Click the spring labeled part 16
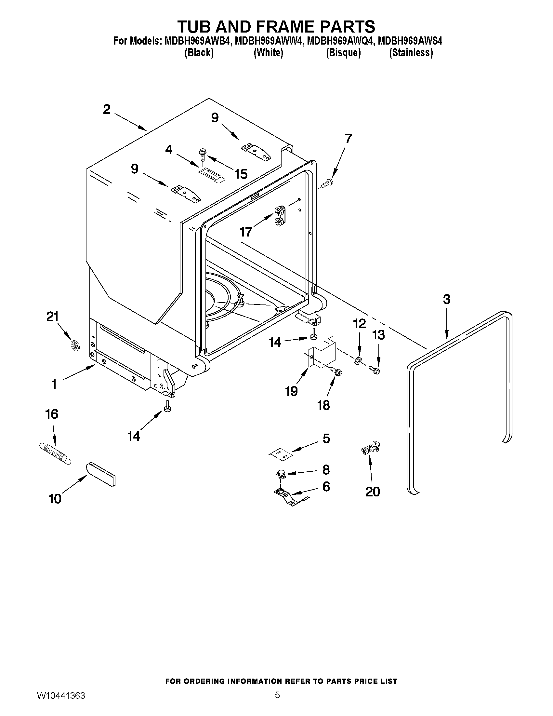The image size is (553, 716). click(x=54, y=453)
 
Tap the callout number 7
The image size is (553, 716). click(x=348, y=139)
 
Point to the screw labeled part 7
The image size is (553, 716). click(x=327, y=182)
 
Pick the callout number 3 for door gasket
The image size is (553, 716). click(x=446, y=299)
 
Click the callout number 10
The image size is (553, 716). click(x=55, y=499)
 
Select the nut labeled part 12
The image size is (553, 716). click(x=357, y=361)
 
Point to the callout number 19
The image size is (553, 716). click(x=291, y=391)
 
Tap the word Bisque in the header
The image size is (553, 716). click(x=343, y=53)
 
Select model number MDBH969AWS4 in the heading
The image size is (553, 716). click(x=410, y=41)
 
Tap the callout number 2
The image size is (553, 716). click(x=107, y=110)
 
